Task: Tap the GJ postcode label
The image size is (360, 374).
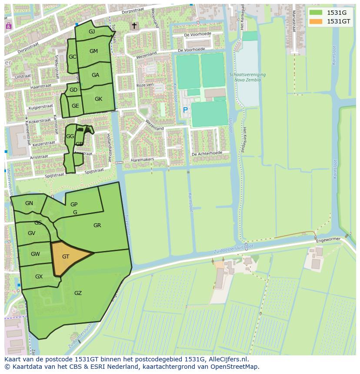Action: pyautogui.click(x=92, y=32)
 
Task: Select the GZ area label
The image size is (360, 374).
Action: pyautogui.click(x=78, y=293)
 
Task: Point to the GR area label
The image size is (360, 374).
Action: pyautogui.click(x=97, y=225)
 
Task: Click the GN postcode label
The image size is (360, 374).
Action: pyautogui.click(x=29, y=203)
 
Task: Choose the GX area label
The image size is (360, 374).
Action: pyautogui.click(x=39, y=277)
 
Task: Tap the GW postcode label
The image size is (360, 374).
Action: pyautogui.click(x=35, y=254)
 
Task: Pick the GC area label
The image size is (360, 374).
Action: pyautogui.click(x=72, y=57)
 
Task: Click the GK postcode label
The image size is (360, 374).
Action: pyautogui.click(x=98, y=99)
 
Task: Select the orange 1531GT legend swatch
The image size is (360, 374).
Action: pyautogui.click(x=316, y=21)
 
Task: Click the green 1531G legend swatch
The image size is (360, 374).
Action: pyautogui.click(x=316, y=13)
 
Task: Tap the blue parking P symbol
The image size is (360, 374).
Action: pyautogui.click(x=185, y=110)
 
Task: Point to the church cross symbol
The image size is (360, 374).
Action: pyautogui.click(x=134, y=26)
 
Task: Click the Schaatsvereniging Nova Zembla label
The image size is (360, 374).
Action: pyautogui.click(x=247, y=77)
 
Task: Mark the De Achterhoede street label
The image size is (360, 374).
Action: pyautogui.click(x=207, y=153)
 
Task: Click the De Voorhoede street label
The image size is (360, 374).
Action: pyautogui.click(x=197, y=35)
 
